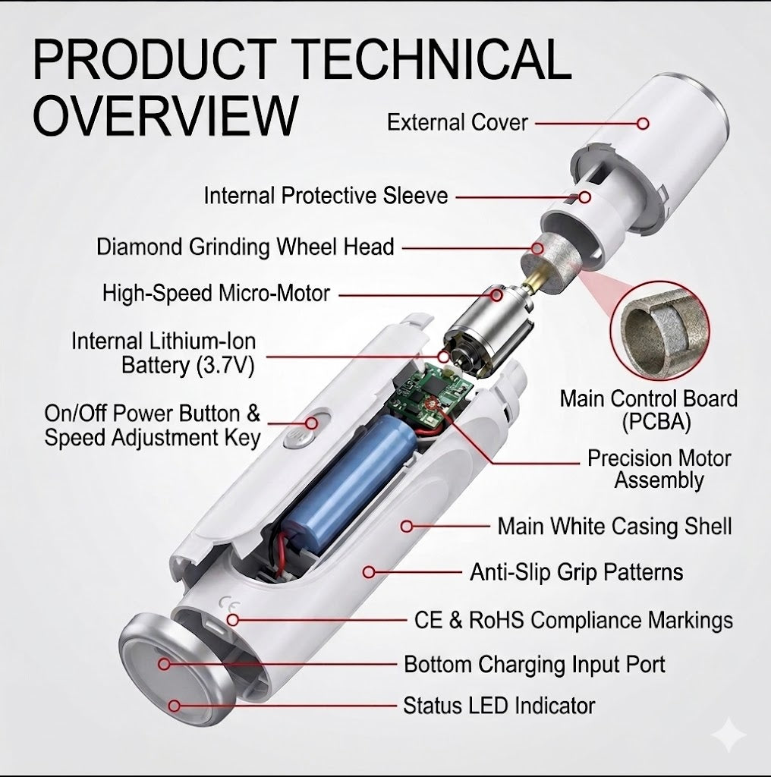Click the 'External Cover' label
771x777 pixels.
point(458,122)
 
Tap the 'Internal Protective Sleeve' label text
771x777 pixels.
point(326,195)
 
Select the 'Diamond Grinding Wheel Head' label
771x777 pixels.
point(245,247)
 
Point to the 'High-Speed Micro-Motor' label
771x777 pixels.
point(216,293)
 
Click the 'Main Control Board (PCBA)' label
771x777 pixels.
point(649,410)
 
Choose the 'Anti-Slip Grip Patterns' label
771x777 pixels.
point(576,572)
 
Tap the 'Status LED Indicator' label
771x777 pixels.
point(499,705)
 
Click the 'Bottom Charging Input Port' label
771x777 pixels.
point(535,664)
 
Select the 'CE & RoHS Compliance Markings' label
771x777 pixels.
point(573,619)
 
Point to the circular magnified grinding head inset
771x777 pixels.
point(659,332)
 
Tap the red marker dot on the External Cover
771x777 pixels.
point(644,124)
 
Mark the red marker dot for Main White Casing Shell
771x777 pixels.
point(407,527)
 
